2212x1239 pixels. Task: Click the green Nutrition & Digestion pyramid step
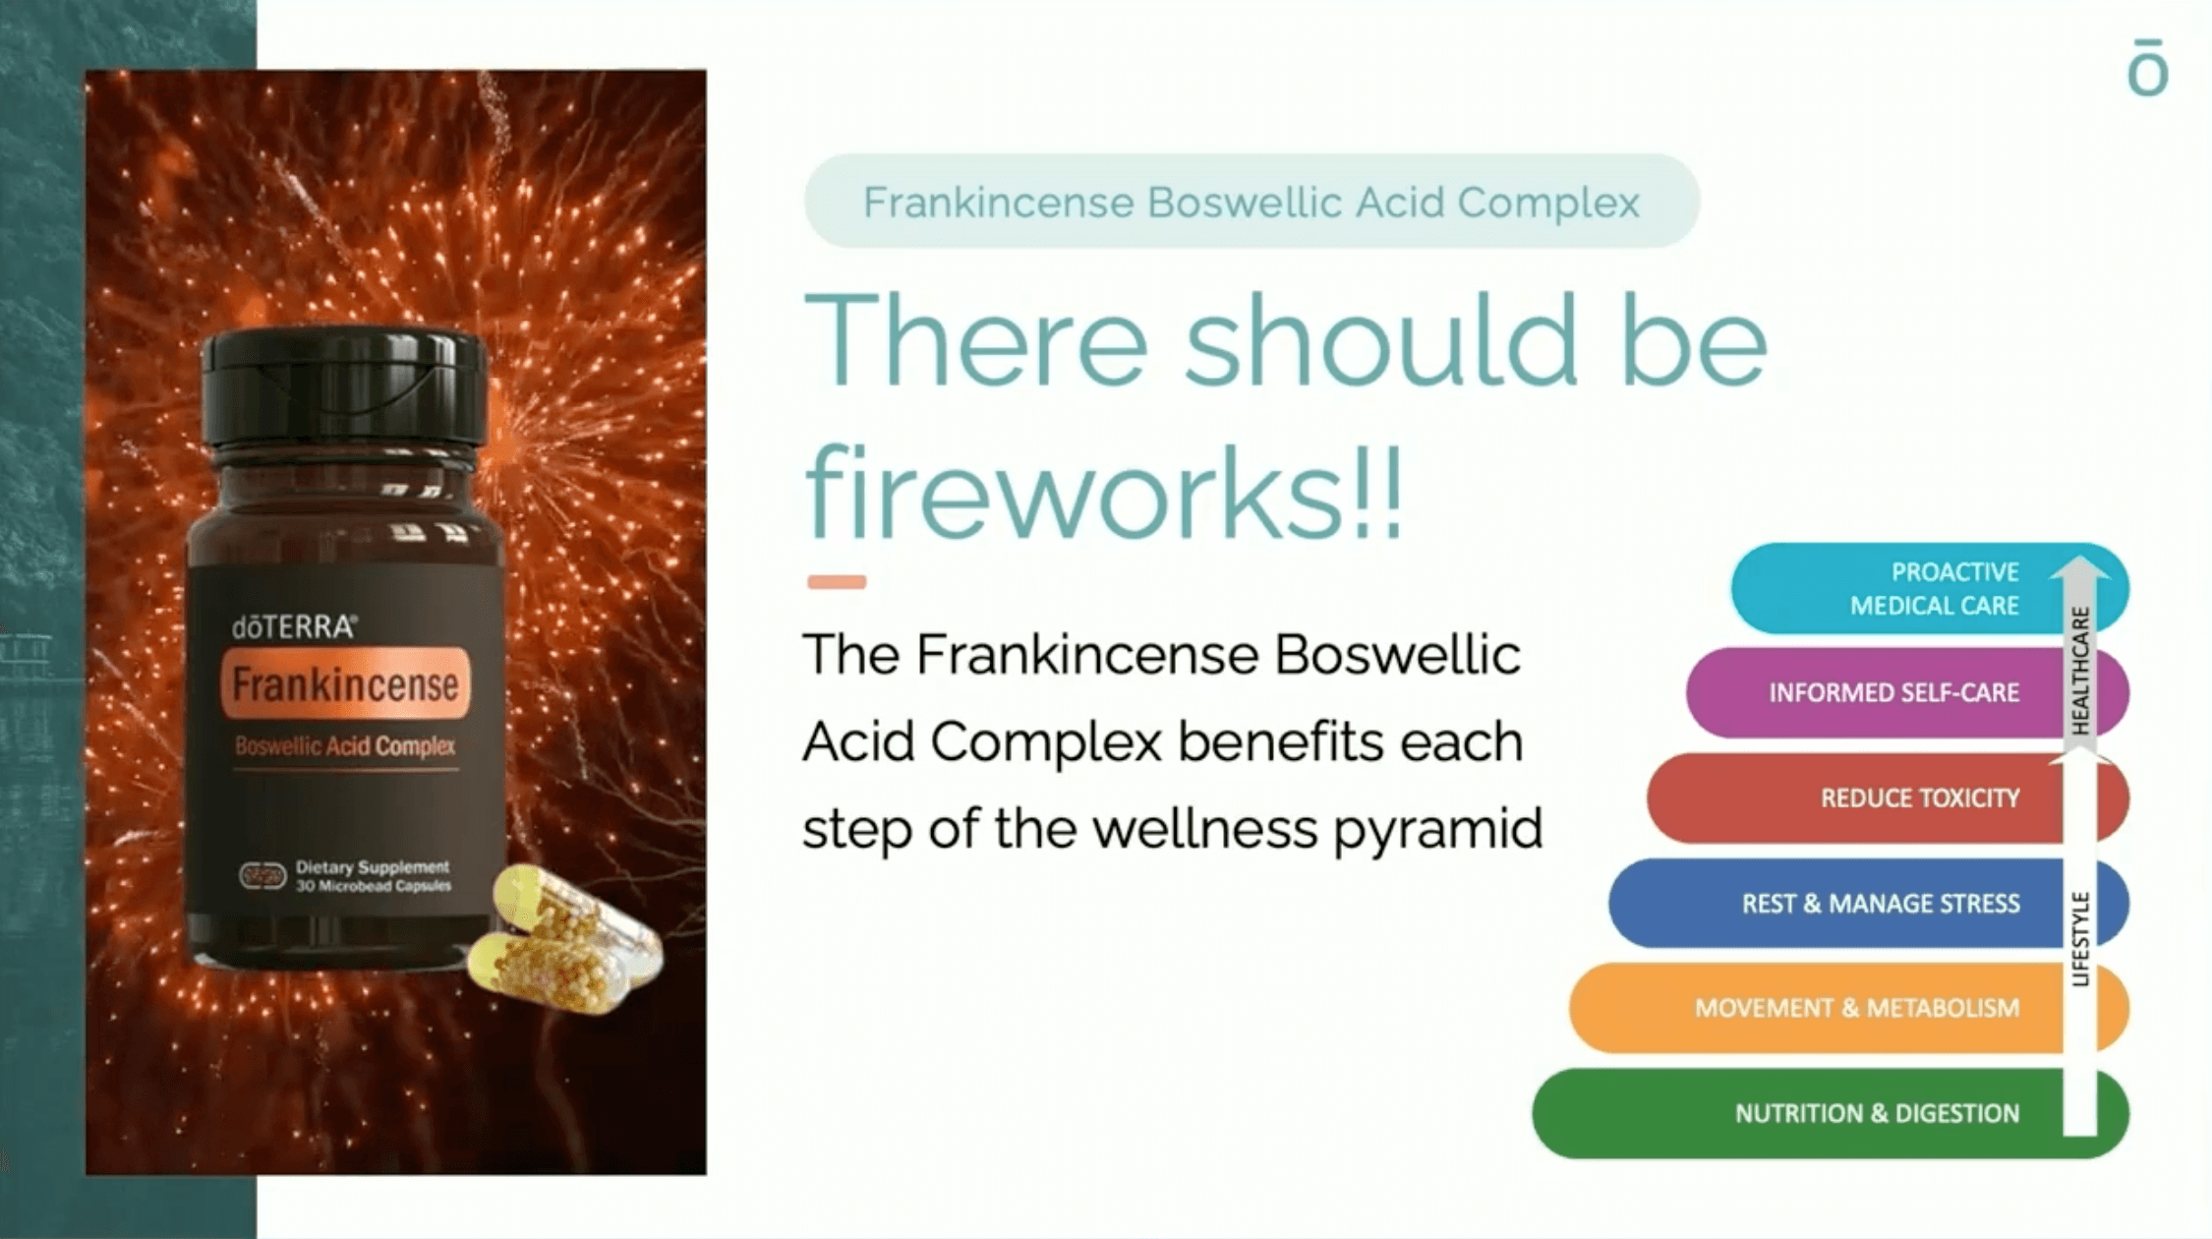click(x=1829, y=1113)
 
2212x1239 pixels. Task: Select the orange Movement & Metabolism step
click(x=1848, y=1008)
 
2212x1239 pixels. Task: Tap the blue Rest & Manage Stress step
click(x=1868, y=903)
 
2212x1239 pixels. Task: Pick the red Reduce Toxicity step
click(x=1888, y=797)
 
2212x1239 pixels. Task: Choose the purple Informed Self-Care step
click(x=1907, y=692)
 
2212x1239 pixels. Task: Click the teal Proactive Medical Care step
click(x=1929, y=588)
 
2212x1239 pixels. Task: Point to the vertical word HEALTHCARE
click(x=2080, y=671)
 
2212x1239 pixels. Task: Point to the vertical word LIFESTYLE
click(x=2080, y=938)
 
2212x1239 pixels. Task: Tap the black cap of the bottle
click(x=344, y=386)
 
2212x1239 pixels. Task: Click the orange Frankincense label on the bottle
click(x=345, y=683)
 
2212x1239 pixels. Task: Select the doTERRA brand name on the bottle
click(x=294, y=627)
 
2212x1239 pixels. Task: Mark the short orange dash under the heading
click(x=837, y=582)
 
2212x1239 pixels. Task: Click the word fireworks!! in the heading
click(x=1103, y=492)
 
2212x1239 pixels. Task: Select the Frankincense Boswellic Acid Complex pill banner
click(x=1252, y=201)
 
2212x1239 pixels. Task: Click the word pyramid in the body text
click(x=1437, y=830)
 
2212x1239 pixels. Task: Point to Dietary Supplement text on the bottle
click(x=373, y=867)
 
